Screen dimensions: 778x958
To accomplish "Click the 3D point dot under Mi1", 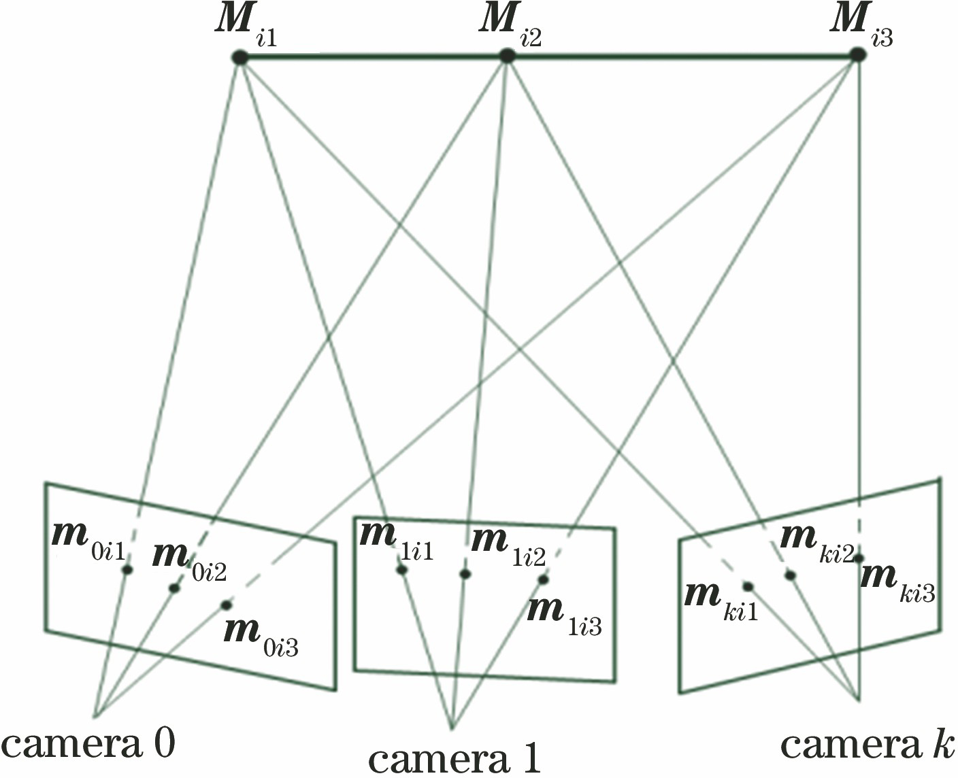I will point(239,58).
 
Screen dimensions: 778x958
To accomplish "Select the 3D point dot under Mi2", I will point(506,56).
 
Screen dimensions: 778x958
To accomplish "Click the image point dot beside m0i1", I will point(127,570).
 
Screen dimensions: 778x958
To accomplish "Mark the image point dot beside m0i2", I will point(174,588).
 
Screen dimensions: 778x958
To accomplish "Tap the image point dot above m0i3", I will point(226,605).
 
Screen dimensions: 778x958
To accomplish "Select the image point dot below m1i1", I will point(402,570).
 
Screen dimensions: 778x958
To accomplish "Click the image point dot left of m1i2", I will point(465,574).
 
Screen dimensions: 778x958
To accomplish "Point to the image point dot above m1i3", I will point(543,579).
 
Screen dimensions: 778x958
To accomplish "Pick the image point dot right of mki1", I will point(748,586).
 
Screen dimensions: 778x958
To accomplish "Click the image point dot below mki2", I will point(790,575).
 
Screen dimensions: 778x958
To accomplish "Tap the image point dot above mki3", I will point(859,558).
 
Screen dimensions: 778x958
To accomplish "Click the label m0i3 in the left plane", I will point(261,635).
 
